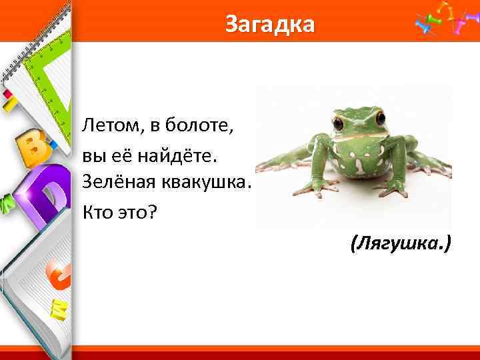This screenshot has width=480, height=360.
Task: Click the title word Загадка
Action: pyautogui.click(x=269, y=24)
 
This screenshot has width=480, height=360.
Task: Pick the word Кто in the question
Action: pyautogui.click(x=95, y=211)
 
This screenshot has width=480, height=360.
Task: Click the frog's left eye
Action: pyautogui.click(x=339, y=123)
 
